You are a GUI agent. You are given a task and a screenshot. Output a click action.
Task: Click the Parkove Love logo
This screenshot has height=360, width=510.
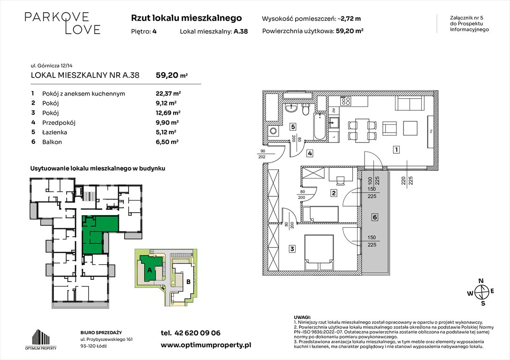point(62,23)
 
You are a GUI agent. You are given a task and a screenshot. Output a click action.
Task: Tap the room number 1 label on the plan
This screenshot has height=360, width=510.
point(396,150)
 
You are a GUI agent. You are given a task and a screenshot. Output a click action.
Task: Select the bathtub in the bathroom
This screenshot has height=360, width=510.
point(320,127)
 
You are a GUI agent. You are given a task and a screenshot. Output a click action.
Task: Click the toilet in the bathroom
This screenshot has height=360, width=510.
point(305,110)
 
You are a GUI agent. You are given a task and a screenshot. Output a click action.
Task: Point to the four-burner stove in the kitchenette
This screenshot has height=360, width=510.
point(345,101)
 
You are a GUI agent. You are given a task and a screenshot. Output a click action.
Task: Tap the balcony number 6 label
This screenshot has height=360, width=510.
point(375,217)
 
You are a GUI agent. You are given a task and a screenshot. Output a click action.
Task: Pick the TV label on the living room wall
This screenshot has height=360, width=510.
point(431,132)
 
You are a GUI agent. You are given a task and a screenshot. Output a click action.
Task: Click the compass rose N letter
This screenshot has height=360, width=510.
point(482,281)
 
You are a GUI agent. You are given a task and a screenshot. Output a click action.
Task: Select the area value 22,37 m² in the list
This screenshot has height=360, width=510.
point(168,94)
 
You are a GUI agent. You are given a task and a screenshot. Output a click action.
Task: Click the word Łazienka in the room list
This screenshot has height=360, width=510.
point(54,132)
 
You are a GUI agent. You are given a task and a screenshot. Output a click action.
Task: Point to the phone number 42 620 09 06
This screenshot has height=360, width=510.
point(198,333)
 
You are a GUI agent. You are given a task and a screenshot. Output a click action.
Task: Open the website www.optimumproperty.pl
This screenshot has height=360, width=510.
point(206,345)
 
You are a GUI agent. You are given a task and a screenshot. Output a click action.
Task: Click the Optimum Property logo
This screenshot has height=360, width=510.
point(41,339)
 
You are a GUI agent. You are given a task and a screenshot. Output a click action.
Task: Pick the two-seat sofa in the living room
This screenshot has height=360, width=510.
point(410,103)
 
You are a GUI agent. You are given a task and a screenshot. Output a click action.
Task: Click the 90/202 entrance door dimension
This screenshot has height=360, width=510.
point(262,154)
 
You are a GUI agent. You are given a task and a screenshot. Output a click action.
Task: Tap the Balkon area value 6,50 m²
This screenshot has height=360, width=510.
point(167,142)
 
